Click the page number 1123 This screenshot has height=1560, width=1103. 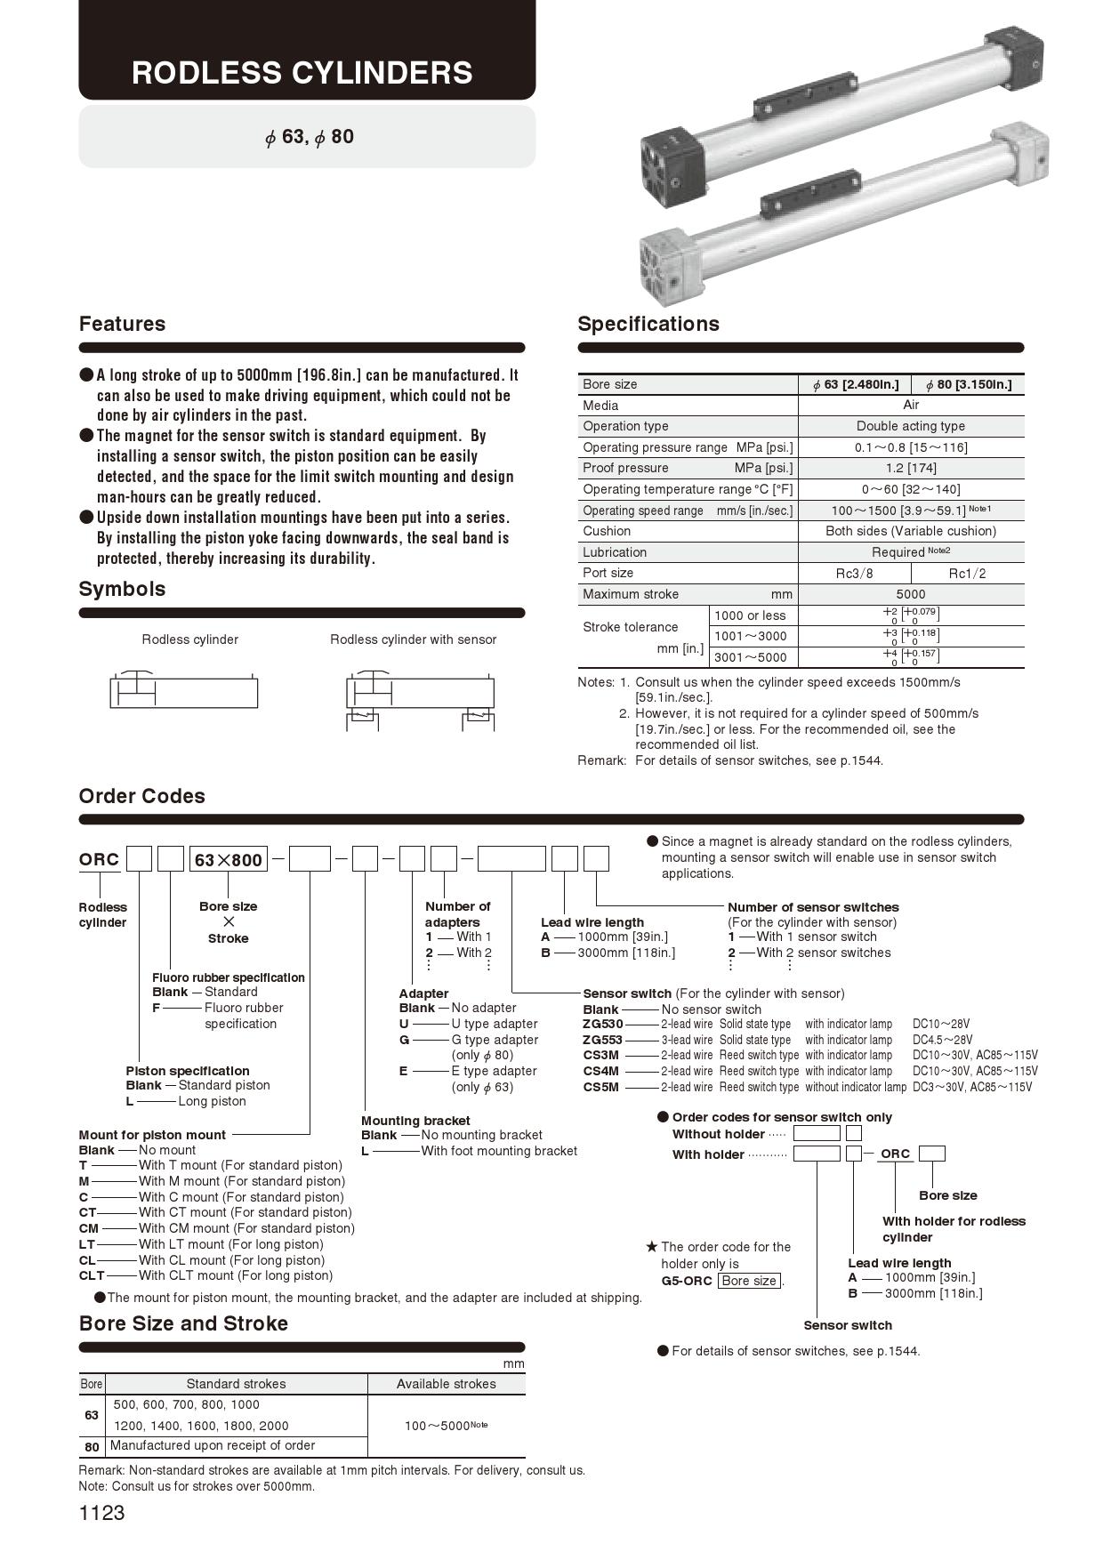(102, 1513)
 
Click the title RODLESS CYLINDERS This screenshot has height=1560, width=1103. (302, 72)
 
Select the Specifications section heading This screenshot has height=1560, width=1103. (648, 324)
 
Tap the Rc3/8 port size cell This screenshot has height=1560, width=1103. (854, 574)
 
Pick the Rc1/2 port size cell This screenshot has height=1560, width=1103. (967, 574)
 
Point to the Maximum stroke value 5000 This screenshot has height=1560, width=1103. (910, 594)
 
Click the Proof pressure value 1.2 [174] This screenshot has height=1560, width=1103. (910, 468)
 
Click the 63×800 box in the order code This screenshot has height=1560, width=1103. (229, 860)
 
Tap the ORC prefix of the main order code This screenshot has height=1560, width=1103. (99, 859)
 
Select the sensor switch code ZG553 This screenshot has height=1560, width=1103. (602, 1040)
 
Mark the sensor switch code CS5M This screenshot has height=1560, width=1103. (600, 1087)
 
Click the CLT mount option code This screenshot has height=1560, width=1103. (92, 1275)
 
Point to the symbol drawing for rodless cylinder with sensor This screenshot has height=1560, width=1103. (419, 698)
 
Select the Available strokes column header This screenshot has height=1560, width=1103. (446, 1384)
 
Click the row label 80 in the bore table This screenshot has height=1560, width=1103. (92, 1447)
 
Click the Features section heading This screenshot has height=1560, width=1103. (122, 324)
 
